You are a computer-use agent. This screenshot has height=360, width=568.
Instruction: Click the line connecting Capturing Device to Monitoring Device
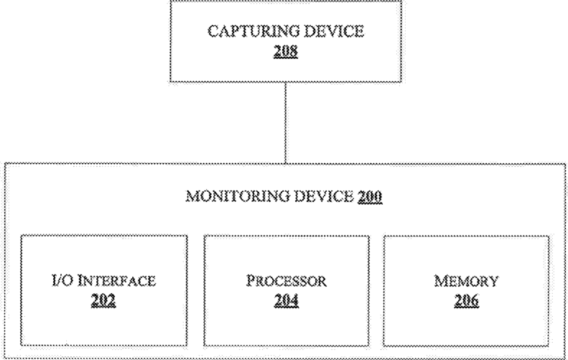point(286,122)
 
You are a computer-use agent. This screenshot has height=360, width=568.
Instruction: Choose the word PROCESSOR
point(286,280)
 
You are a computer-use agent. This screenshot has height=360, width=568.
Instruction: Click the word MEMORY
point(467,280)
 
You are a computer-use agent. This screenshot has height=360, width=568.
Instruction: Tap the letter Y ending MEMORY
point(493,280)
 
